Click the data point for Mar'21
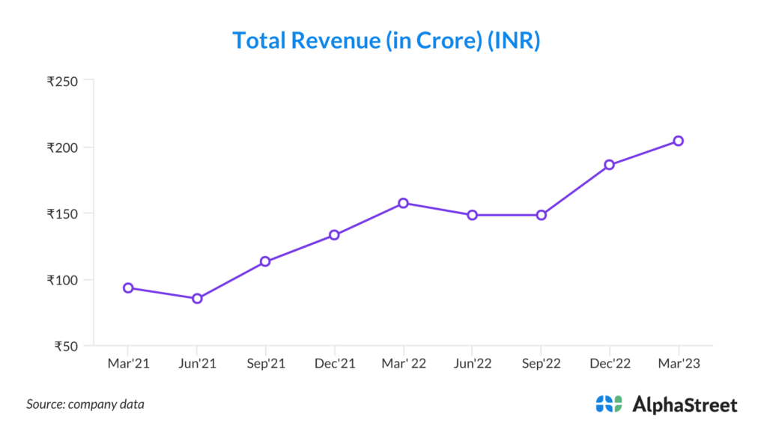[128, 288]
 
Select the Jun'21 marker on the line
[197, 298]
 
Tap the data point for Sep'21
[265, 261]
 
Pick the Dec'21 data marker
[334, 234]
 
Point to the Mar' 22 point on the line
[403, 203]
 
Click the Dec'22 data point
[609, 165]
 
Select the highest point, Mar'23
[678, 141]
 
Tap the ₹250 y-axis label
[62, 81]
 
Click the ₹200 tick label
[62, 147]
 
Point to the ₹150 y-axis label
[62, 213]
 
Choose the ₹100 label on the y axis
[62, 280]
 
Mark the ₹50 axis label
[65, 346]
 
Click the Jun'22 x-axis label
[472, 363]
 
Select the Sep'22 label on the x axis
[541, 363]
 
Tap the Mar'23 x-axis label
[678, 363]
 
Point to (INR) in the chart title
[514, 40]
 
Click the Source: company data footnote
[85, 404]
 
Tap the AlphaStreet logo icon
[609, 404]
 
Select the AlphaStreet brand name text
[685, 405]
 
